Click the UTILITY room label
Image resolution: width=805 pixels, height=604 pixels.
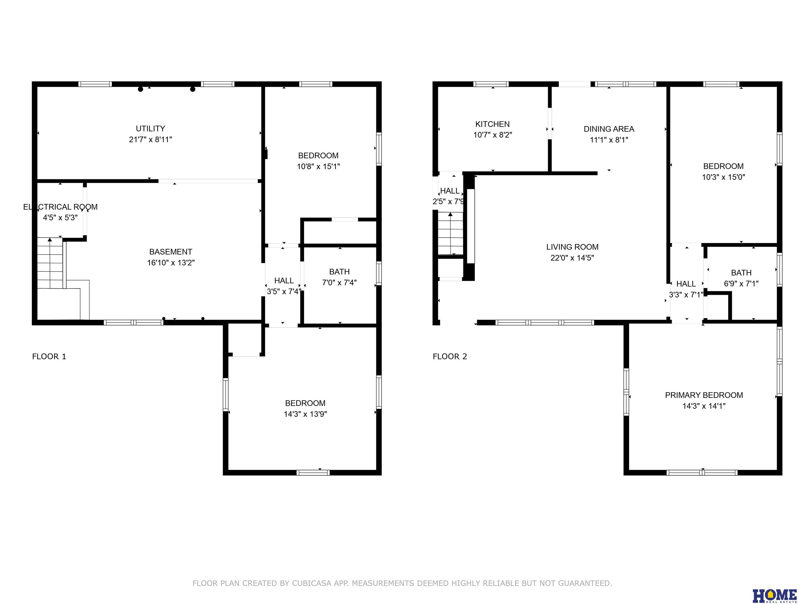150,128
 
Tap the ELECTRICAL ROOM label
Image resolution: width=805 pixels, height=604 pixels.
61,207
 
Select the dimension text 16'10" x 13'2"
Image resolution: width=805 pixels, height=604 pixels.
171,262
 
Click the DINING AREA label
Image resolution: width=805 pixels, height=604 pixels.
609,129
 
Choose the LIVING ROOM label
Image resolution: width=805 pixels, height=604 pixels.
572,247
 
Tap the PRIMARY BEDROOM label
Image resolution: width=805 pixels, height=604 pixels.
704,395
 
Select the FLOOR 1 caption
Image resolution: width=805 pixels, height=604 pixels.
49,357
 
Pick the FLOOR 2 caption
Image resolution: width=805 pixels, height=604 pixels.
450,357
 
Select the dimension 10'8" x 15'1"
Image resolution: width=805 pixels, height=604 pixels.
318,166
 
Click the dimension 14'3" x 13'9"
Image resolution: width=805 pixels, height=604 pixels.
305,414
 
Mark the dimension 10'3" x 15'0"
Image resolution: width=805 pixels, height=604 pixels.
723,177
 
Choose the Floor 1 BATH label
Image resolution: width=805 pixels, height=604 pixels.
339,272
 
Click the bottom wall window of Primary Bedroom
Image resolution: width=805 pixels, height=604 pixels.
702,473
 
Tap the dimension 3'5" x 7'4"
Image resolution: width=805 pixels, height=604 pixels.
284,291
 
